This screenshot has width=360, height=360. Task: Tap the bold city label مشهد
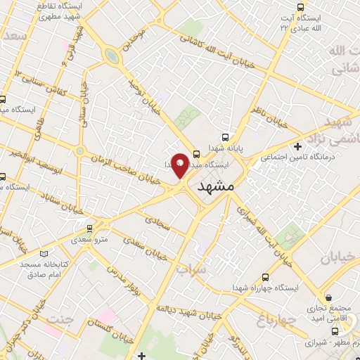click(215, 186)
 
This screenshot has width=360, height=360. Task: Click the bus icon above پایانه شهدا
click(225, 138)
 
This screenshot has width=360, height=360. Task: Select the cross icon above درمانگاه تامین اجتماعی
click(298, 146)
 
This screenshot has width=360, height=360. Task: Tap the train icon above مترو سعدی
click(89, 228)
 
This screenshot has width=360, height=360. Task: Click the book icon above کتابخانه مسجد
click(46, 253)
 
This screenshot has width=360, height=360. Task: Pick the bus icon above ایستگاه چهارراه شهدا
click(265, 277)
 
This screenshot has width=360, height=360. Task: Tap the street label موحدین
click(137, 43)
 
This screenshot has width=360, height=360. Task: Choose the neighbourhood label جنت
click(59, 321)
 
